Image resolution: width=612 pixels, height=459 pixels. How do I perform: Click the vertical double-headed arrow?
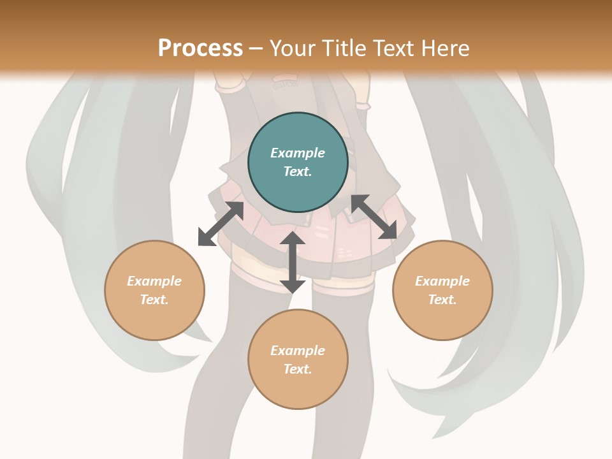click(292, 262)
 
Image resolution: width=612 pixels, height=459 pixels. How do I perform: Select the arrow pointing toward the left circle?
click(221, 224)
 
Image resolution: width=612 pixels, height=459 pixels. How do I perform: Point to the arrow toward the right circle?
click(374, 217)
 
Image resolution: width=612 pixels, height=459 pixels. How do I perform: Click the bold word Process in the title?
click(200, 48)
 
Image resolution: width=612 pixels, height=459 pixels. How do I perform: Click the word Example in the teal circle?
click(298, 153)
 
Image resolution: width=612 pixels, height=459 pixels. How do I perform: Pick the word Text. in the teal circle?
click(298, 171)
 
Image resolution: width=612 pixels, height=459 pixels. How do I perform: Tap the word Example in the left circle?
click(154, 281)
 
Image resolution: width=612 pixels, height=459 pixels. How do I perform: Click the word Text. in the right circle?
click(442, 300)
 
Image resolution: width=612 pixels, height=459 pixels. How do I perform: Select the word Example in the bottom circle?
click(298, 351)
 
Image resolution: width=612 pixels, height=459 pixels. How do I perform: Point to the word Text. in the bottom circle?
click(298, 369)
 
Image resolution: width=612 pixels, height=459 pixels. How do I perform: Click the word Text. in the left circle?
click(154, 300)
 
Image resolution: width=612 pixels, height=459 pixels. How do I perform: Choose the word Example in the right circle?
click(442, 281)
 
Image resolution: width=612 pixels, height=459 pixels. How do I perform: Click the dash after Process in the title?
click(256, 48)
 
